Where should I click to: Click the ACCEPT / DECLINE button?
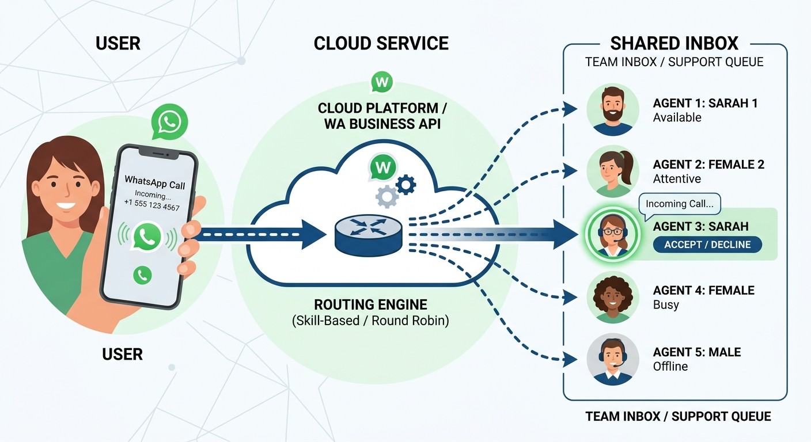point(707,245)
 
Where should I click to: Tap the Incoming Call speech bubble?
point(680,204)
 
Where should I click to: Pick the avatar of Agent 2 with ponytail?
point(613,171)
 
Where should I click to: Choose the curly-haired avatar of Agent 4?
point(613,297)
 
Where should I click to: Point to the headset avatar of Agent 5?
point(613,359)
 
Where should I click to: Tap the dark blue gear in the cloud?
point(406,185)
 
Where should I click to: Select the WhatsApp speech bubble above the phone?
point(169,123)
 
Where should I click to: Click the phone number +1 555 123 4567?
point(151,207)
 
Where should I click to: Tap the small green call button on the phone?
point(142,275)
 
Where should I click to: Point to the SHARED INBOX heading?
point(674,44)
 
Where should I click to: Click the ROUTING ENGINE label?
point(370,305)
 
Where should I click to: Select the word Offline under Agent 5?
point(670,367)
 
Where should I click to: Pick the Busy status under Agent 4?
point(666,305)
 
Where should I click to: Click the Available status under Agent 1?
point(677,117)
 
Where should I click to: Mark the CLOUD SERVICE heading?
point(381,44)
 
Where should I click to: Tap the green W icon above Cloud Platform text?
point(381,82)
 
